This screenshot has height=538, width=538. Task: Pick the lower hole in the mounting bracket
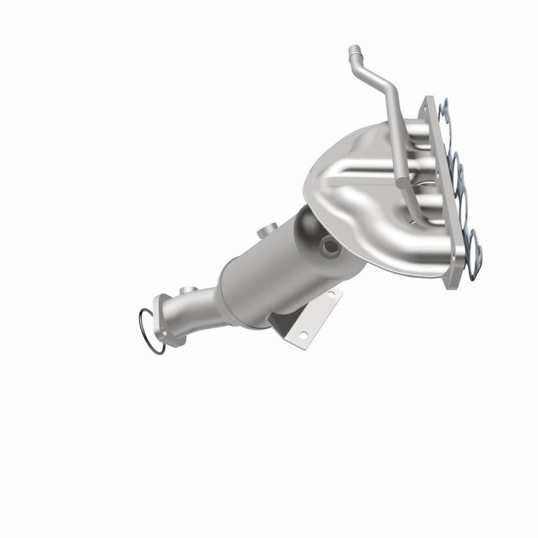point(303,334)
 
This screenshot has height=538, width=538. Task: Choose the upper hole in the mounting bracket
point(332,294)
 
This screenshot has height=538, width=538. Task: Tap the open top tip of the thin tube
point(354,51)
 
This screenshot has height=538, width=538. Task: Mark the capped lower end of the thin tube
point(403,181)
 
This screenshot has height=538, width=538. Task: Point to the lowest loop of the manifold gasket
point(473,246)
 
